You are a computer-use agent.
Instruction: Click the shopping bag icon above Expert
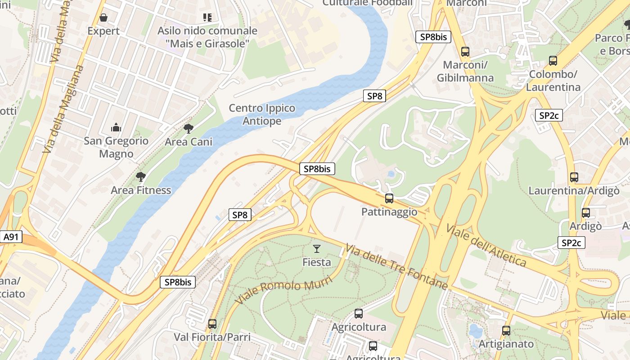pos(103,18)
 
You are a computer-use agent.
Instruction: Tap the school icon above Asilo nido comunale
pos(207,18)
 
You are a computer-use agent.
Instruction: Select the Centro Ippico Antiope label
pos(262,115)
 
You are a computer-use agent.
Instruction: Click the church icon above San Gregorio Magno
pos(116,128)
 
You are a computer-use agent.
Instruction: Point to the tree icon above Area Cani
pos(189,129)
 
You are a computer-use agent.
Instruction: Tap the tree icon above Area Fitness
pos(141,176)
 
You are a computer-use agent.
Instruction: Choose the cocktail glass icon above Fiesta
pos(317,248)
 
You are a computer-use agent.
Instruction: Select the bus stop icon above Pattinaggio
pos(389,198)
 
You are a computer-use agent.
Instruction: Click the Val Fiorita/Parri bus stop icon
pos(212,324)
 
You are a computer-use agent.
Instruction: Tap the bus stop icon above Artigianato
pos(506,331)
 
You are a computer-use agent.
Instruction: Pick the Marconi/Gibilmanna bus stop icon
pos(465,52)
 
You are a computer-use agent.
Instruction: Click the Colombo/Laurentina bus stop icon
pos(553,61)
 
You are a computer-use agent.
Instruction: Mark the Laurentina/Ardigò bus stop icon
pos(574,177)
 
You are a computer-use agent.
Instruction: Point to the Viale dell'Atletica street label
pos(486,245)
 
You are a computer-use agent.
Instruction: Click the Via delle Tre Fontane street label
pos(396,267)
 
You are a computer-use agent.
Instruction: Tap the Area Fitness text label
pos(141,190)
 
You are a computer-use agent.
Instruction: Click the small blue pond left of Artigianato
pos(475,331)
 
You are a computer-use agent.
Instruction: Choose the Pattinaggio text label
pos(389,212)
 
